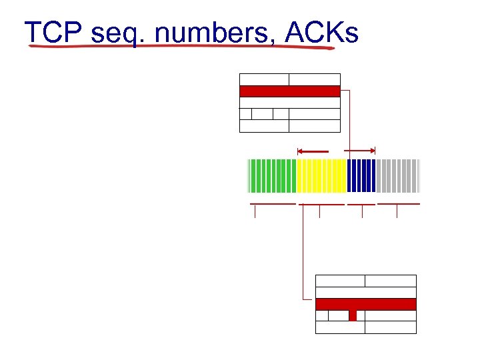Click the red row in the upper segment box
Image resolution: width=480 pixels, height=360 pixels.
(x=289, y=91)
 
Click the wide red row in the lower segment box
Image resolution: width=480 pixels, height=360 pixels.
(x=365, y=304)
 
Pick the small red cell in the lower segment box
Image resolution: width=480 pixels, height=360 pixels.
(x=353, y=315)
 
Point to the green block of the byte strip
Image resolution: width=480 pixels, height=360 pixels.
(x=272, y=175)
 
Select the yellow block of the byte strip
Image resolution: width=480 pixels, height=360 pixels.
(x=321, y=175)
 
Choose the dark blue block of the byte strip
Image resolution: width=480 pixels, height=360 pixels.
(x=361, y=175)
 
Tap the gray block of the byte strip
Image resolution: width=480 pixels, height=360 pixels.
(x=398, y=175)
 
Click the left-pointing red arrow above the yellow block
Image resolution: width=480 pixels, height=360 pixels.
(x=313, y=150)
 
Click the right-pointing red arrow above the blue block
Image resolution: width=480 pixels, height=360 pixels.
(x=360, y=150)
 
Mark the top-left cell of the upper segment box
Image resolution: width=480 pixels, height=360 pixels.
(x=264, y=79)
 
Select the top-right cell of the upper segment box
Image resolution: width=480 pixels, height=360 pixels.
(x=314, y=79)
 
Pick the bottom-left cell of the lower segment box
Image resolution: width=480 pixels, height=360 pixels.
(x=340, y=327)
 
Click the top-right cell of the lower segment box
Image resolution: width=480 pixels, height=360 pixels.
(x=391, y=281)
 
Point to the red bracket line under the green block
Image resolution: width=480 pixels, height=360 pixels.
(x=272, y=203)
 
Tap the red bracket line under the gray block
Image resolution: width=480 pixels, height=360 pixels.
(x=399, y=203)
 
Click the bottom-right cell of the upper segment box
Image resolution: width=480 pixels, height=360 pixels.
(x=314, y=125)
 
